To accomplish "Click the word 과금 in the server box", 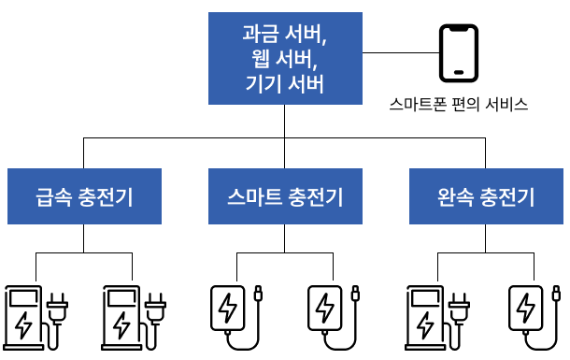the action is click(261, 34).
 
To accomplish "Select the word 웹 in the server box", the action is click(261, 59).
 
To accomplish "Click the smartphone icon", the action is click(459, 53).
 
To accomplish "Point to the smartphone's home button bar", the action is click(459, 72).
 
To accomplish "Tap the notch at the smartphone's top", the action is click(459, 28).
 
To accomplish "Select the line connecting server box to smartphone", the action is click(401, 52).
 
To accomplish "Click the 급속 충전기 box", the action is click(84, 196).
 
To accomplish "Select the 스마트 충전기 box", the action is click(285, 196).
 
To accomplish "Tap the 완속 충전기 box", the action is click(487, 196).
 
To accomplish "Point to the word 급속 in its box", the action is click(54, 197).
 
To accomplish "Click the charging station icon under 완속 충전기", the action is click(437, 318).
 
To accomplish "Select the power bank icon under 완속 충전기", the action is click(534, 318).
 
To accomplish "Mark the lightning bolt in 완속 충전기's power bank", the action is click(525, 309).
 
